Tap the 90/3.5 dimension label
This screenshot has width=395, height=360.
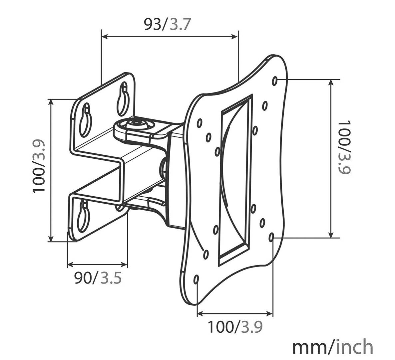pyautogui.click(x=98, y=278)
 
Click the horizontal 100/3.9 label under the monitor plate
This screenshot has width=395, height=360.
pyautogui.click(x=235, y=327)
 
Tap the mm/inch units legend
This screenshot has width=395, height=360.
pyautogui.click(x=332, y=347)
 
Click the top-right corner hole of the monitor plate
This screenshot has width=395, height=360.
pyautogui.click(x=275, y=80)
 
